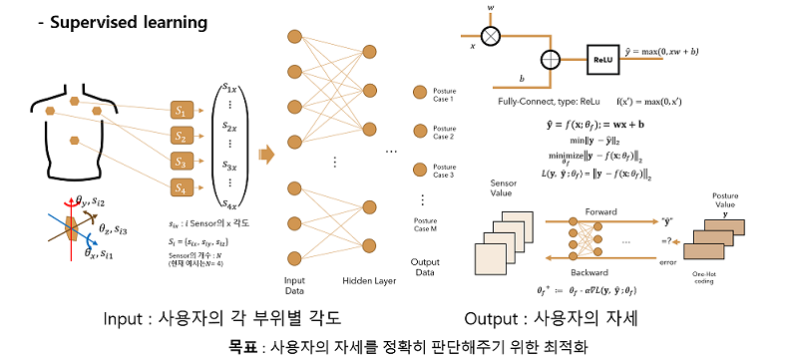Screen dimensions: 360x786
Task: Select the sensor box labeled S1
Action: [181, 109]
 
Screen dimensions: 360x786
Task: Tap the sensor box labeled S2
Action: [181, 135]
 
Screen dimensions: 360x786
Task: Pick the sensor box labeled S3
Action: [181, 161]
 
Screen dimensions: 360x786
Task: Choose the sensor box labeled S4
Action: [181, 186]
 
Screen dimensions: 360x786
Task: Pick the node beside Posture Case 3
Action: [420, 169]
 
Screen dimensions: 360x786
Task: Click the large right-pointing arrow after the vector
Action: [266, 153]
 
